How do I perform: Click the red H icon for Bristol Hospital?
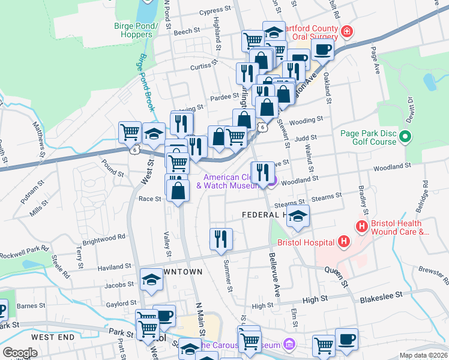tap(343, 242)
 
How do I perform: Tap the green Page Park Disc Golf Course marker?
tap(405, 137)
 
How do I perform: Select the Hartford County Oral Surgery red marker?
tap(346, 31)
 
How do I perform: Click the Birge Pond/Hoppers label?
tap(136, 30)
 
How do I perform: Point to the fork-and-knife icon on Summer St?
tap(221, 239)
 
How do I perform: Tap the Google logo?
tap(20, 353)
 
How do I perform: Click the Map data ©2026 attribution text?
tap(423, 355)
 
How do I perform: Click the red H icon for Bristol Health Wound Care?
tap(361, 227)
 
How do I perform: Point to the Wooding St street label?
tap(310, 120)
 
